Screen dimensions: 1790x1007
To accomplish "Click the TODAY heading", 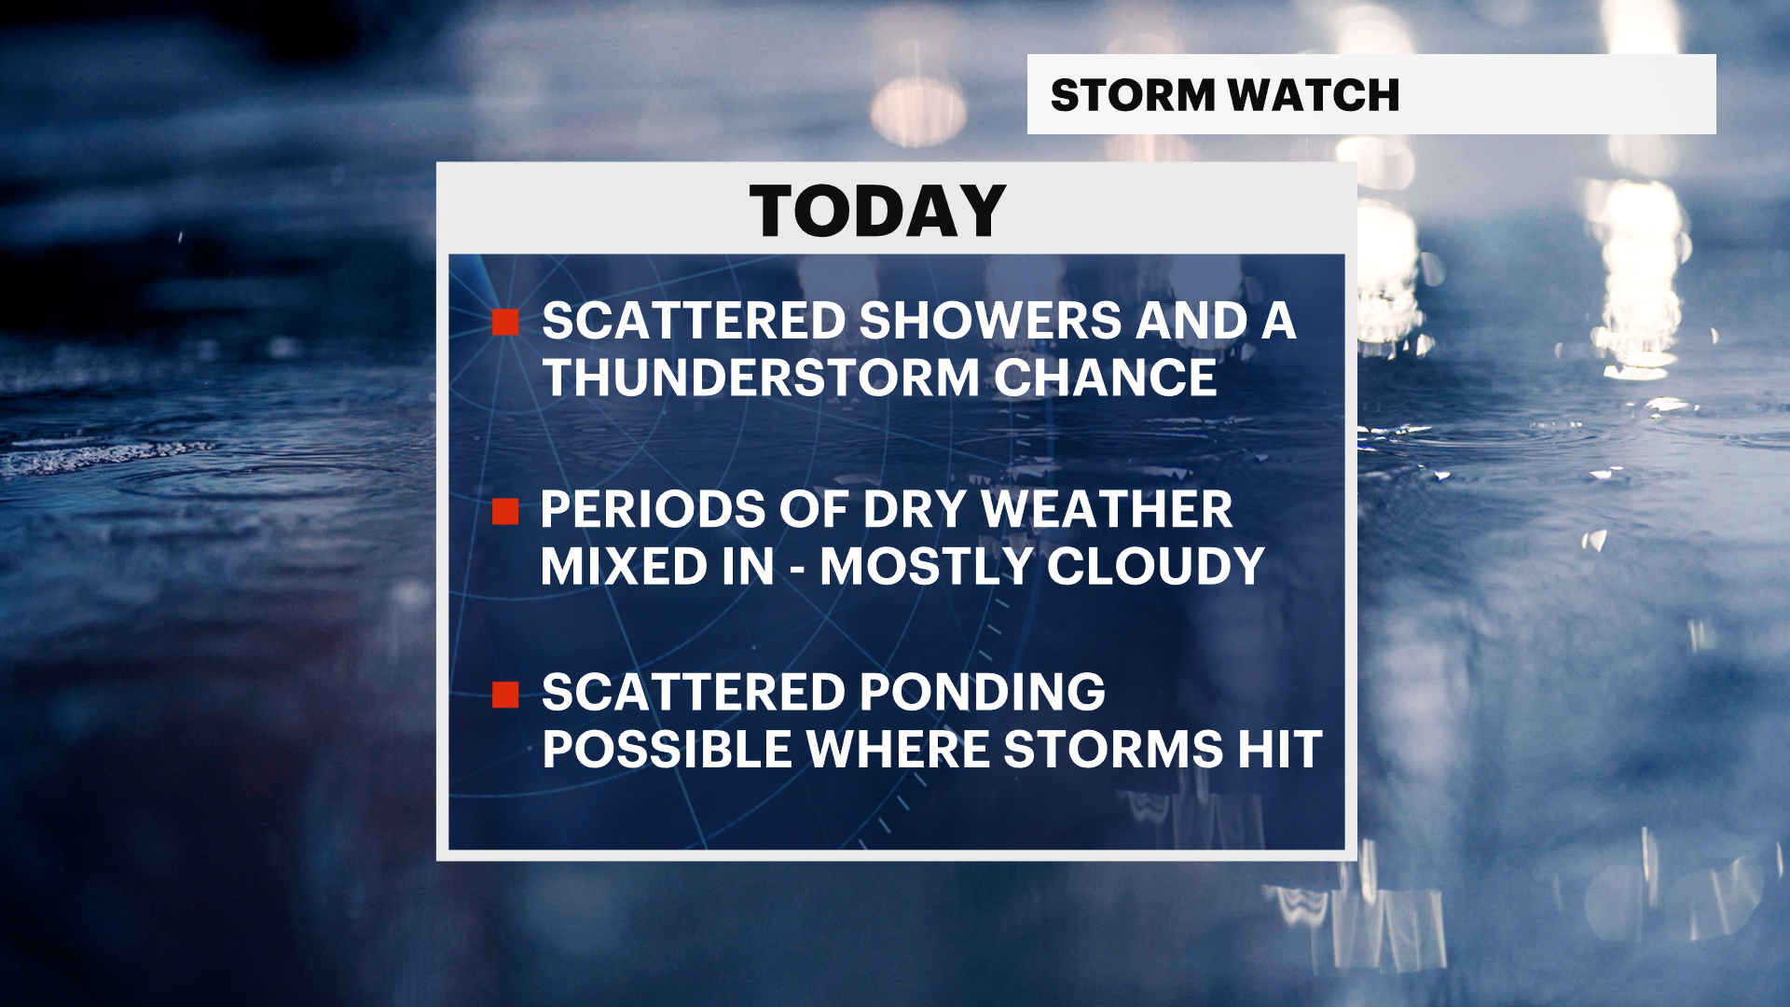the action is coord(877,212).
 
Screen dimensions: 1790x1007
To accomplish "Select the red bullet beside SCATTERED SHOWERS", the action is coord(505,323).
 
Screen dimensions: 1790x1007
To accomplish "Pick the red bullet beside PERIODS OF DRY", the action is coord(505,512).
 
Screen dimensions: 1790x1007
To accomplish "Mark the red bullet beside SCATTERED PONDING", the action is coord(505,695).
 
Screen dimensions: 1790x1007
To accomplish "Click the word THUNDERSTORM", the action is coord(761,378).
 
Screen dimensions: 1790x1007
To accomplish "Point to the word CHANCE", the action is coord(1106,378).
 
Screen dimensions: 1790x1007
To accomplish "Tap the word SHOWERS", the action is coord(990,321).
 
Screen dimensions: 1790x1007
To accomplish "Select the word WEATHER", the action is coord(1108,510).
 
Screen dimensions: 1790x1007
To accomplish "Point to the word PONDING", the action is coord(983,693).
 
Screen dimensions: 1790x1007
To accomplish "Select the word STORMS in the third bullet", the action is coord(1113,750).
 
